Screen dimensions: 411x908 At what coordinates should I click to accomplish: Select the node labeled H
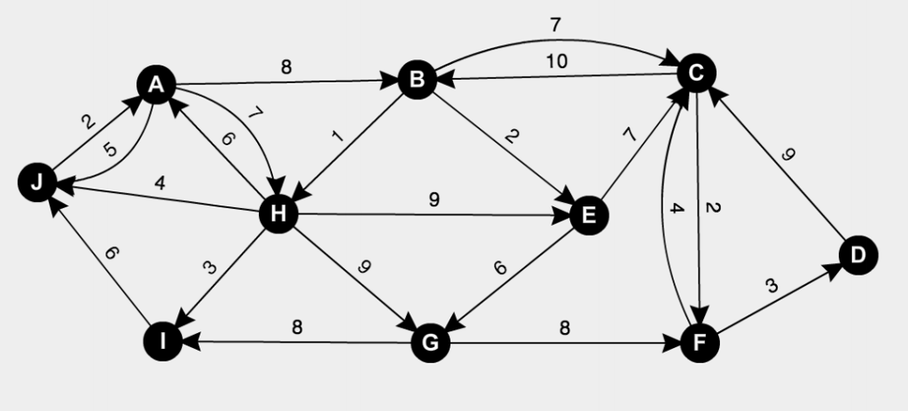pyautogui.click(x=278, y=214)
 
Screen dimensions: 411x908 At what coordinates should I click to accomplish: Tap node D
pyautogui.click(x=857, y=256)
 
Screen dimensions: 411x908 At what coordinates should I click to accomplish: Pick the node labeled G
pyautogui.click(x=432, y=343)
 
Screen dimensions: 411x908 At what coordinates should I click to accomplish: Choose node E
pyautogui.click(x=586, y=214)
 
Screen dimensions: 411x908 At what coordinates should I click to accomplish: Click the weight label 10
pyautogui.click(x=557, y=62)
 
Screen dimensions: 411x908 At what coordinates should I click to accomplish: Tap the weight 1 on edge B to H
pyautogui.click(x=336, y=137)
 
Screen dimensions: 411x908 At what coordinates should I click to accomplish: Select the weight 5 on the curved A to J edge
pyautogui.click(x=109, y=150)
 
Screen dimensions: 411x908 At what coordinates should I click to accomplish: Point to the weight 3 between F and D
pyautogui.click(x=771, y=286)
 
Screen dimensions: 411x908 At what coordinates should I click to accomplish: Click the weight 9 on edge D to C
pyautogui.click(x=787, y=154)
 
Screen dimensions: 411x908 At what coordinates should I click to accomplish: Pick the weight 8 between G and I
pyautogui.click(x=298, y=327)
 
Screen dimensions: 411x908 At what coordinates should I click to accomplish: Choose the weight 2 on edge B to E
pyautogui.click(x=512, y=136)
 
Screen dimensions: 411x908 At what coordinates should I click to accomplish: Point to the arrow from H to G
pyautogui.click(x=355, y=278)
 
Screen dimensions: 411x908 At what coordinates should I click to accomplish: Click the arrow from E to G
pyautogui.click(x=509, y=278)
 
